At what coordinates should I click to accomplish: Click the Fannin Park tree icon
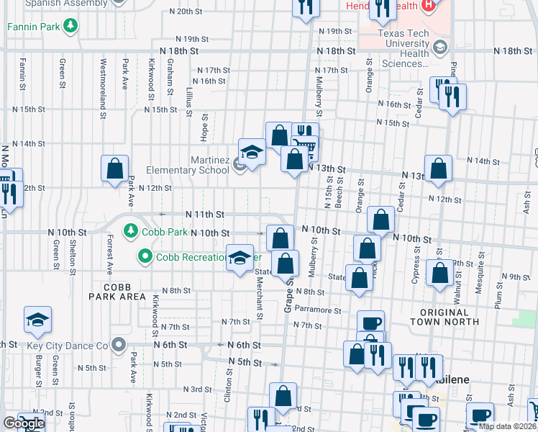tap(70, 27)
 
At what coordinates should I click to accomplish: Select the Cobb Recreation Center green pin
tap(145, 256)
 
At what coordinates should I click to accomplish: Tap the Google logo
tap(24, 423)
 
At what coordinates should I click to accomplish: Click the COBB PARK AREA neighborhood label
tap(117, 292)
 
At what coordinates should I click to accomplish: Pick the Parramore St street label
tap(316, 310)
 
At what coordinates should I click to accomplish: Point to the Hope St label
tap(205, 126)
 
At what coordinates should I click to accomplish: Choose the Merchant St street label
tap(259, 301)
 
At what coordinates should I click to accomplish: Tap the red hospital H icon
tap(429, 6)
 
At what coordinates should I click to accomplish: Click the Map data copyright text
tap(506, 426)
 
